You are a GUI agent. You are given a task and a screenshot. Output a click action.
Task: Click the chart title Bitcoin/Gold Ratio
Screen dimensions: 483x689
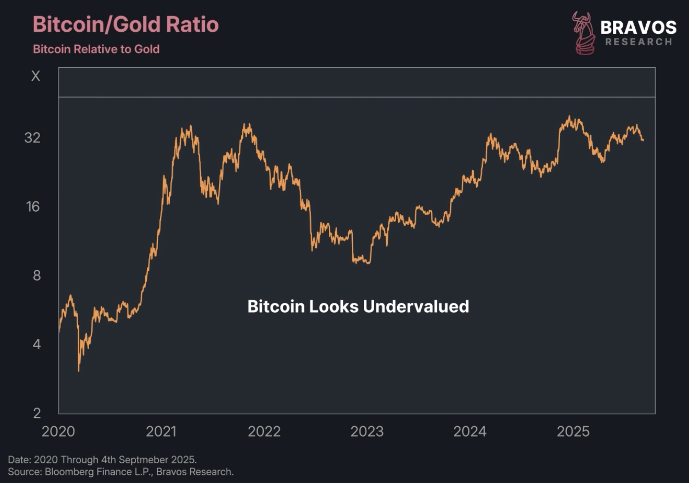126,24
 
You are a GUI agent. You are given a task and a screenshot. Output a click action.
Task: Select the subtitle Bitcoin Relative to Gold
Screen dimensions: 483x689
96,49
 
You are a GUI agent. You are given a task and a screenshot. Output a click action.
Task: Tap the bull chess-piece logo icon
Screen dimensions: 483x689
584,33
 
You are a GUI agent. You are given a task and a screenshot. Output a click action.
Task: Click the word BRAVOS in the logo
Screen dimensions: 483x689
638,27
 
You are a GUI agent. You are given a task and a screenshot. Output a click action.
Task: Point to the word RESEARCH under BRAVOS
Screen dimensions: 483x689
638,42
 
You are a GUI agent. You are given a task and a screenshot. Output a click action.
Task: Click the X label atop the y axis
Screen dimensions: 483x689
35,76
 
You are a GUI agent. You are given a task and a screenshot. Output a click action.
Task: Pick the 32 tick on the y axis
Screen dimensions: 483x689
32,137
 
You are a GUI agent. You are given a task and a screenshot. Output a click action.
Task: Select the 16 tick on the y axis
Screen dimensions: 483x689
32,207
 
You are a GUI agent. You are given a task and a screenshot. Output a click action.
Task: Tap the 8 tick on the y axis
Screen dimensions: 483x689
36,275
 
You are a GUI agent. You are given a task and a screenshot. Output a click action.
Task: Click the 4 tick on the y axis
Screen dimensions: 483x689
36,344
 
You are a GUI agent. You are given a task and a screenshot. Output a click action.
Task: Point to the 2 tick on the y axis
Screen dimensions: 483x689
36,413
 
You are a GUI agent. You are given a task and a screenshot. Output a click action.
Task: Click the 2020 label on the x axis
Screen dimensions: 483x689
58,431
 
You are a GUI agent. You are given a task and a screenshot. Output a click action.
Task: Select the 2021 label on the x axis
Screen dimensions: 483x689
161,431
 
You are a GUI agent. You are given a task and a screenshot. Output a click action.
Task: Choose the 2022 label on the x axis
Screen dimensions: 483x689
264,431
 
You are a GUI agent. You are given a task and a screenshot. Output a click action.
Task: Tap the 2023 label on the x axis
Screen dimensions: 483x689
367,431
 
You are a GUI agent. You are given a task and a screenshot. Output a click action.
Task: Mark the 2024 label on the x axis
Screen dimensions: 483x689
470,431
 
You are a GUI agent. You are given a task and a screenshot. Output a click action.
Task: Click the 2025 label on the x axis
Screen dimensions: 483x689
573,431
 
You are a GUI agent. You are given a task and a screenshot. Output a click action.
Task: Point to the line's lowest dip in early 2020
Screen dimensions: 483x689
79,370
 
